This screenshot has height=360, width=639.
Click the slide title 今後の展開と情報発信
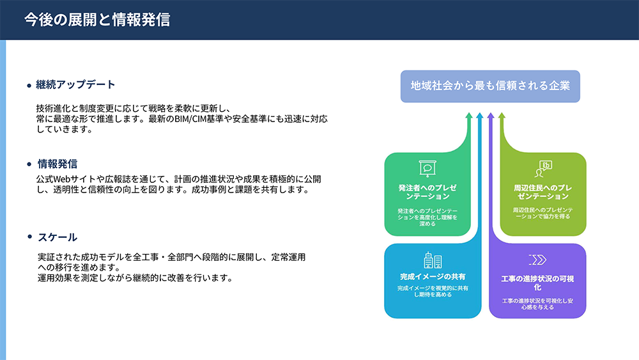(97, 20)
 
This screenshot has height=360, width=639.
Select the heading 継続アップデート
(75, 84)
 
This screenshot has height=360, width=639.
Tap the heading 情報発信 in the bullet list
(58, 164)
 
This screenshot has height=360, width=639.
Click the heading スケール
(58, 237)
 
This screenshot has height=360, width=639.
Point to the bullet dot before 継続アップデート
(29, 86)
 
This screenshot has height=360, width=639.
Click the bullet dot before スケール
(29, 237)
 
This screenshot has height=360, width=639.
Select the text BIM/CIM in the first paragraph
(190, 119)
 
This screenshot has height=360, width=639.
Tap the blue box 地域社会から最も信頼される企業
(490, 86)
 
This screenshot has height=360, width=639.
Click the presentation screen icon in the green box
(427, 168)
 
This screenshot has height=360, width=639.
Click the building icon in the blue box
(433, 260)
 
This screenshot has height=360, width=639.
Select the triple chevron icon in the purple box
(537, 260)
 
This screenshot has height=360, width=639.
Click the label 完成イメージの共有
(433, 276)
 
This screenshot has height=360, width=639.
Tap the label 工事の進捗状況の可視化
(537, 283)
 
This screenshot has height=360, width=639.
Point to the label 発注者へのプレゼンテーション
(427, 192)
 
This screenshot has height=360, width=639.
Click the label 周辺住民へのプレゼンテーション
(543, 192)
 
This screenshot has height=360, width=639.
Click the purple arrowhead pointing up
(491, 116)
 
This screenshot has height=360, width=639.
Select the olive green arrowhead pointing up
(502, 116)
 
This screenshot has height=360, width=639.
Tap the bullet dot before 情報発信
(29, 164)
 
